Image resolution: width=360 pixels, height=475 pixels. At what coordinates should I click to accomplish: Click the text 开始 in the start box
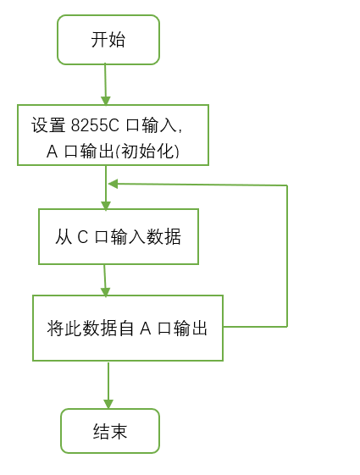click(108, 40)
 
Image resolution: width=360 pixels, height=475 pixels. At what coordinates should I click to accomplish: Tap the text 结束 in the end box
click(109, 432)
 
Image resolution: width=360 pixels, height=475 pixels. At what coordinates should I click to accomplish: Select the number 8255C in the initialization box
click(97, 125)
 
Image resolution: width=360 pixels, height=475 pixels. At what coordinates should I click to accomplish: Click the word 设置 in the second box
click(48, 125)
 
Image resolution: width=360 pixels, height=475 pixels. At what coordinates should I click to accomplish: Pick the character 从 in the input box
click(64, 237)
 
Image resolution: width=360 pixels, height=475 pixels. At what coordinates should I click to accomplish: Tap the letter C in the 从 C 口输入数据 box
click(83, 237)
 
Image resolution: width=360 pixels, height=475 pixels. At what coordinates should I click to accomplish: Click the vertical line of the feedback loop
click(287, 254)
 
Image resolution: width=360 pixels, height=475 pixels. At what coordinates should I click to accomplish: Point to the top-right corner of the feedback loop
click(287, 185)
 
